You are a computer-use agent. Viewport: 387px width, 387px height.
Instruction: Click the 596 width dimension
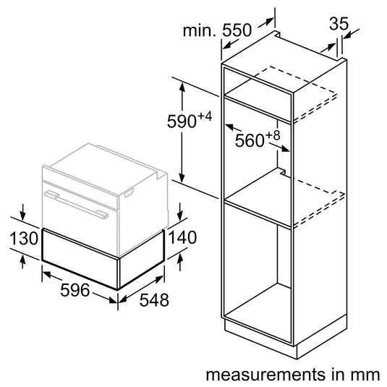pyautogui.click(x=75, y=290)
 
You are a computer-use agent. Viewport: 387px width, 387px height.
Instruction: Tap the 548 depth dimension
pyautogui.click(x=154, y=300)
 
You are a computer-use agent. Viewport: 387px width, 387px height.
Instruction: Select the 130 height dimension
pyautogui.click(x=24, y=238)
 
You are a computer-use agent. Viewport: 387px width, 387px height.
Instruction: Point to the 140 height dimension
pyautogui.click(x=182, y=237)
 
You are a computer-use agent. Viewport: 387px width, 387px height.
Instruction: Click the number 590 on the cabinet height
pyautogui.click(x=182, y=122)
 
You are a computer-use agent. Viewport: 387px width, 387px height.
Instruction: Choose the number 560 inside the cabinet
pyautogui.click(x=250, y=140)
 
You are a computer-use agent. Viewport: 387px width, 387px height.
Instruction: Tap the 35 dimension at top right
pyautogui.click(x=339, y=24)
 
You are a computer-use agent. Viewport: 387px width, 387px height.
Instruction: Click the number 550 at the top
pyautogui.click(x=237, y=30)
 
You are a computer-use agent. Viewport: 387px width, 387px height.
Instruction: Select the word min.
pyautogui.click(x=199, y=30)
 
